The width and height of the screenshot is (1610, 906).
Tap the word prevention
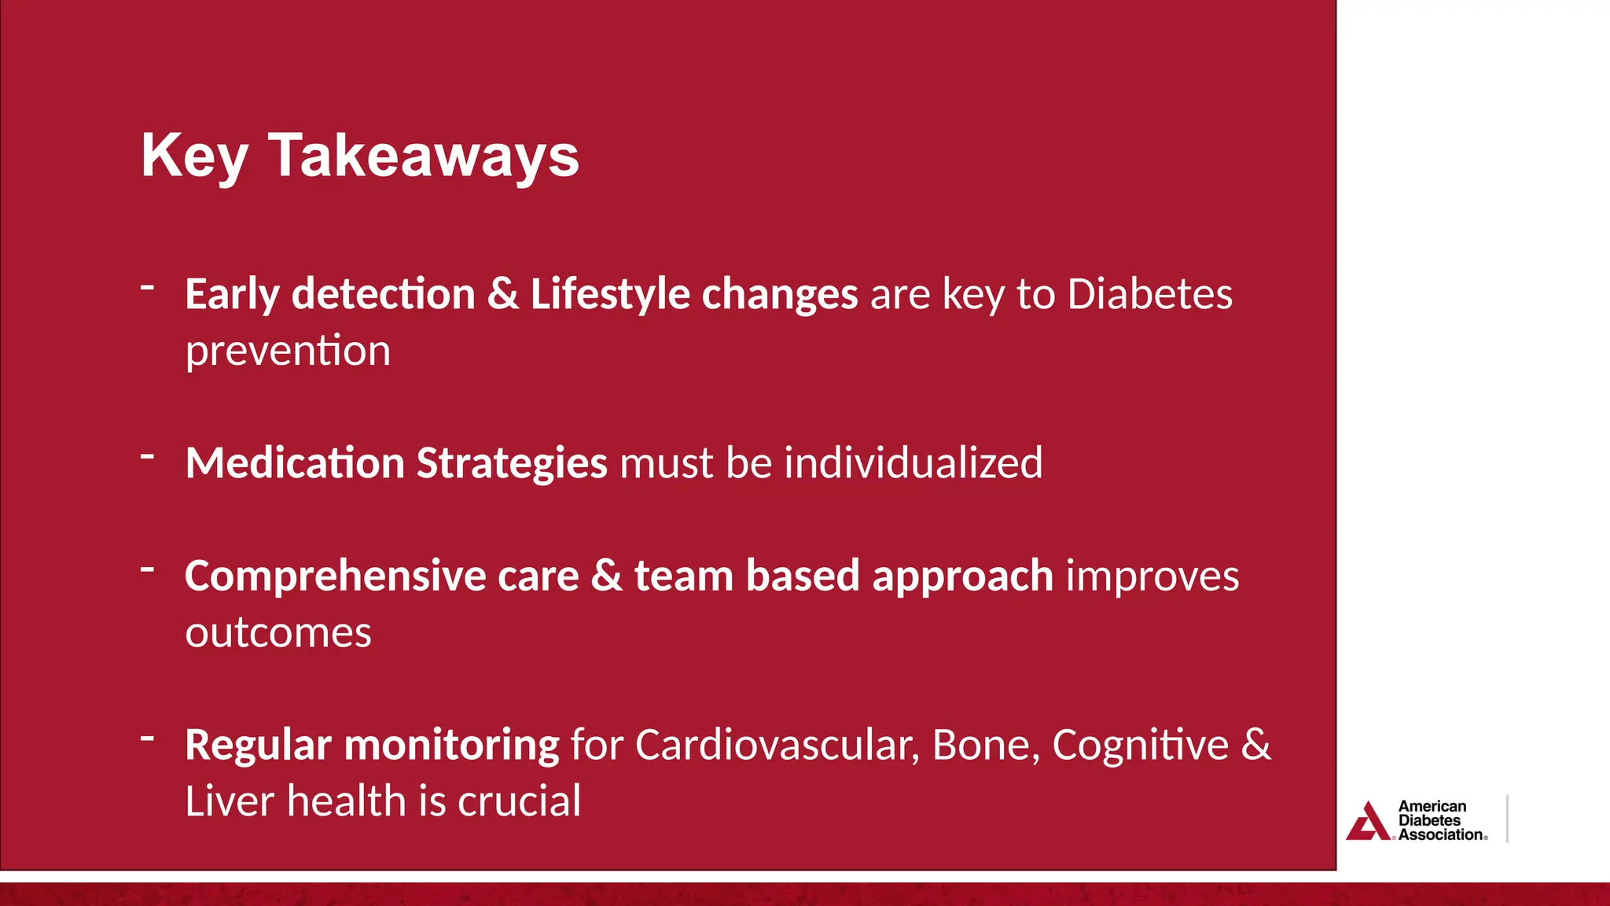coord(288,352)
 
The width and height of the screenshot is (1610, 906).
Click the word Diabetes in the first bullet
coord(1149,295)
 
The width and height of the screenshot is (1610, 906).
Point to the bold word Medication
coord(294,462)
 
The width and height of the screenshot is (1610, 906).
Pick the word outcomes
coord(278,633)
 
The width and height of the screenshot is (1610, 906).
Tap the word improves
coord(1152,577)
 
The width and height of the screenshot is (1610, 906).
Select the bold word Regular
coord(258,746)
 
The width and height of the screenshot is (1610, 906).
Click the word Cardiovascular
coord(777,746)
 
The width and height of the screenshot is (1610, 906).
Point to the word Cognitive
coord(1140,746)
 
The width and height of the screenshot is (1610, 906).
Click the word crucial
coord(520,801)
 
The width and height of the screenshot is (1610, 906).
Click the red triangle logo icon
coord(1368,823)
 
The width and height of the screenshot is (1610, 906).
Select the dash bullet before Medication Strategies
coord(147,455)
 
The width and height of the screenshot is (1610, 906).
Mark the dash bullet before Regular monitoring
coord(147,738)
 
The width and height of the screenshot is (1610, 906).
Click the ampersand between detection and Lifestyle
coord(502,295)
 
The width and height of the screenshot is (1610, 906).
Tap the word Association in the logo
coord(1440,835)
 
